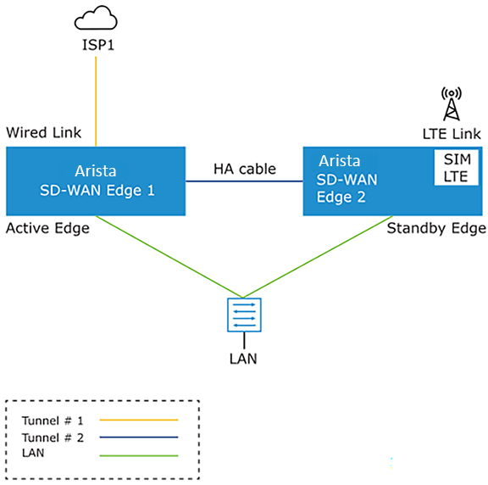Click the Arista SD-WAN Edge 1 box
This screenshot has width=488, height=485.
coord(96,181)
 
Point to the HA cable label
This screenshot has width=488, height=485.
coord(244,169)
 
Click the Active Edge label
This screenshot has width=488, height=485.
coord(47,228)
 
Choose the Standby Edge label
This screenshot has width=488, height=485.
coord(436,228)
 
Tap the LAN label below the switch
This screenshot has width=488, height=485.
coord(243,358)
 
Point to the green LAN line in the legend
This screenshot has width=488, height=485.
coord(139,455)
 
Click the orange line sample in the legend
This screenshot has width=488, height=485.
coord(139,420)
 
